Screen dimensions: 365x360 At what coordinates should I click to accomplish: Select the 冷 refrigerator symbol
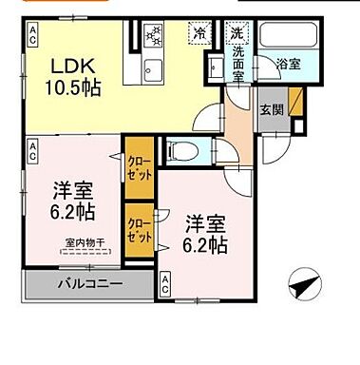pos(200,33)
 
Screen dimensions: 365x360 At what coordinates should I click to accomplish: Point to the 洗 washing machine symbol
pos(237,33)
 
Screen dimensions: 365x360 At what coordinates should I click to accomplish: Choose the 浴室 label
pos(288,64)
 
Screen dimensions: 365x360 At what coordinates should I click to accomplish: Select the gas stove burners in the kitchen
pos(154,38)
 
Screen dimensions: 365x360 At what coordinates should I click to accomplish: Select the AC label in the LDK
pos(32,35)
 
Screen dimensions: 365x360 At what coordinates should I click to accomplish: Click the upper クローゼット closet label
pos(137,168)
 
